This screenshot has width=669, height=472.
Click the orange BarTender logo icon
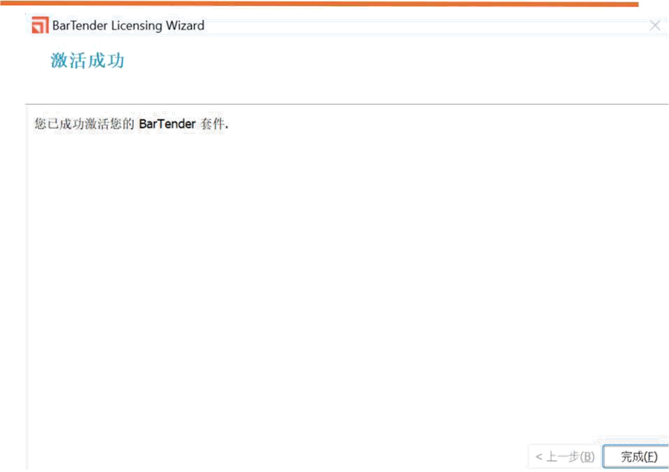point(39,26)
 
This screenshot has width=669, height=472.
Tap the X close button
point(655,26)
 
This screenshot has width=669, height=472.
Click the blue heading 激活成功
point(87,60)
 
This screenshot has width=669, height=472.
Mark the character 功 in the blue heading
point(115,60)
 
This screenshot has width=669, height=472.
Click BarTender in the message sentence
point(167,124)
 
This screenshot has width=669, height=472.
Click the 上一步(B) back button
point(564,456)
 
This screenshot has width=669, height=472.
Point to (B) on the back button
point(587,456)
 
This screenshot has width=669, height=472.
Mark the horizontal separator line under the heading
point(342,104)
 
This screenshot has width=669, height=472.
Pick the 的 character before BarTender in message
point(129,124)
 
